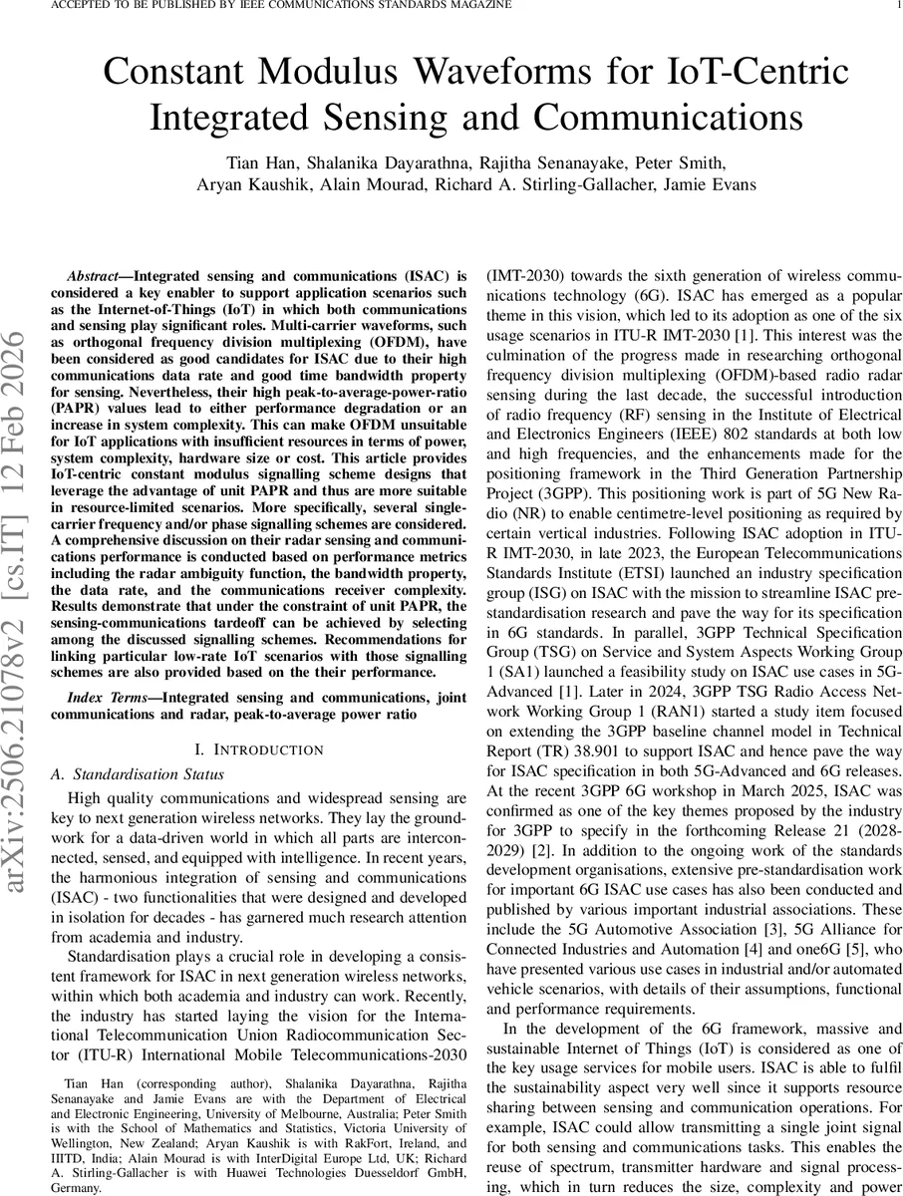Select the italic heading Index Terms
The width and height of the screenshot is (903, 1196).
coord(104,671)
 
